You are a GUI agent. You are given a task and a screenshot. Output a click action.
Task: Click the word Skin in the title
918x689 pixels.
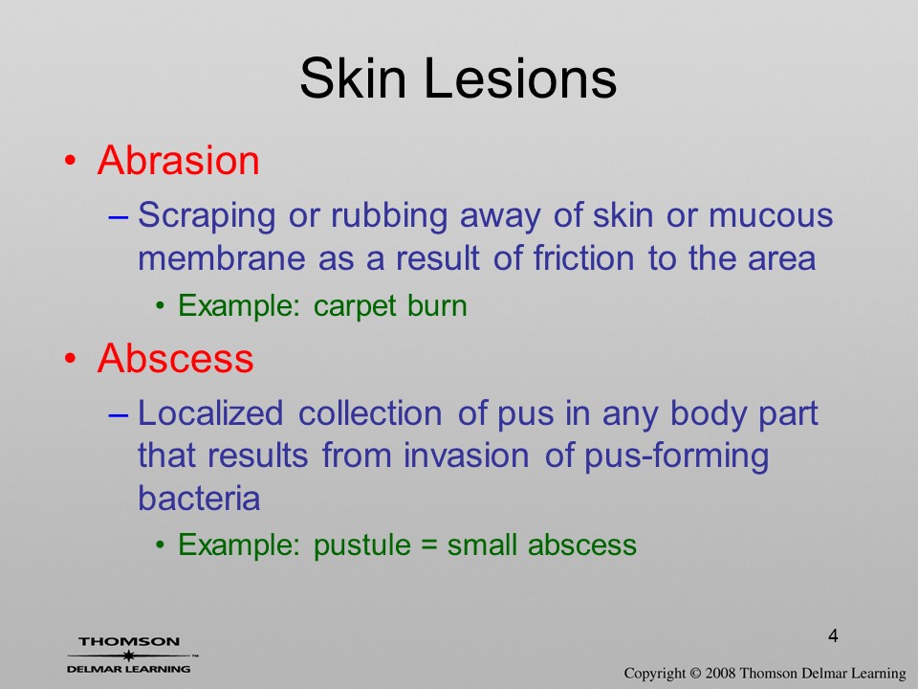pos(353,78)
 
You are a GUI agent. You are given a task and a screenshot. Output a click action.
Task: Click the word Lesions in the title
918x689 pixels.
pos(520,78)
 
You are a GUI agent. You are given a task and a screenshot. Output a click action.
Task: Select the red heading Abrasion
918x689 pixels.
pos(179,160)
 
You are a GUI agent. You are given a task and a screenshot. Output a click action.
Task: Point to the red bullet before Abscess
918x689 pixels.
pos(70,358)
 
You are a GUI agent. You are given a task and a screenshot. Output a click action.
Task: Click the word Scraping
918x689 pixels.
pos(207,216)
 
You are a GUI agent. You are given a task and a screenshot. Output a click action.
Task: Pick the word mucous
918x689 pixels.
pos(771,215)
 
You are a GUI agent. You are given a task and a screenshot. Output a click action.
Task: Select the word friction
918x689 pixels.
pos(583,257)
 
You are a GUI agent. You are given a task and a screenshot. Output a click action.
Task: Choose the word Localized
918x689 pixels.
pos(210,412)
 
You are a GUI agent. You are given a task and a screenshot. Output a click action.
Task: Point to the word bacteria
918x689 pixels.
pos(199,498)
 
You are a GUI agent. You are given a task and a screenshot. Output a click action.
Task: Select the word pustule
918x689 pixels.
pos(362,545)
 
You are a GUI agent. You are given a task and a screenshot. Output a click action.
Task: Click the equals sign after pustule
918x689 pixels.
pos(429,545)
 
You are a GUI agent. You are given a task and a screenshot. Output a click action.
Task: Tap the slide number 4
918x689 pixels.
pos(833,635)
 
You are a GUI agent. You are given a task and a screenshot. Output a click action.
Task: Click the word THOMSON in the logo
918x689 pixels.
pos(129,641)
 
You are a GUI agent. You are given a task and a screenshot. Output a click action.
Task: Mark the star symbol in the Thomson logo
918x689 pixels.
pos(128,656)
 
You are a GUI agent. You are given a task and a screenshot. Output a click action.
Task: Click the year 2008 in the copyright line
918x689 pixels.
pos(720,673)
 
